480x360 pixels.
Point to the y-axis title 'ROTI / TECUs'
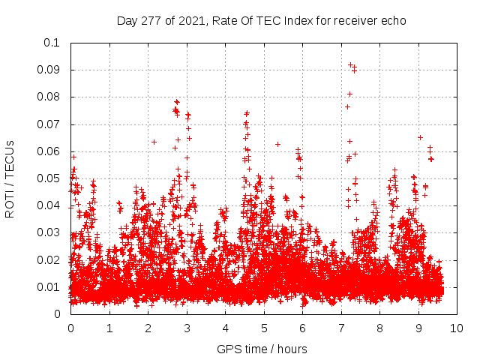[x=10, y=178]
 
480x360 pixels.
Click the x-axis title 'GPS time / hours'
[x=262, y=349]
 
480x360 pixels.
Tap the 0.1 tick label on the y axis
[x=52, y=43]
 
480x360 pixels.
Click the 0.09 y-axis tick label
[x=49, y=70]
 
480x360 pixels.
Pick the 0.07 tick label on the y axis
[x=49, y=124]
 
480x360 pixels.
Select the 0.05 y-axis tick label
[x=49, y=178]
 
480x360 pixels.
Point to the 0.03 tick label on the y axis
[x=49, y=232]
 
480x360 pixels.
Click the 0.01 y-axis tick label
[x=49, y=286]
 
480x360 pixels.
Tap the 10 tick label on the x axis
[x=457, y=327]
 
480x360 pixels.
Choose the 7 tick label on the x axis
[x=340, y=327]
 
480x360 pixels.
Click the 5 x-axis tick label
[x=263, y=327]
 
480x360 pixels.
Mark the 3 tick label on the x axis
[x=186, y=327]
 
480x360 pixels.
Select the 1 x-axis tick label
[x=109, y=327]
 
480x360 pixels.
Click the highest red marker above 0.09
[x=350, y=65]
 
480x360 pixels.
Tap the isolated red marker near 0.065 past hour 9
[x=420, y=137]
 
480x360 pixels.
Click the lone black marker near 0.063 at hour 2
[x=154, y=142]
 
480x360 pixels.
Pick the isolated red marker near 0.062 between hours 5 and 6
[x=277, y=144]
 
